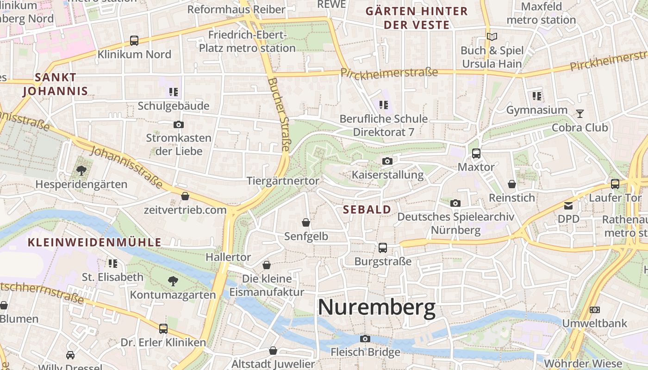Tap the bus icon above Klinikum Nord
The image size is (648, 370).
tap(134, 41)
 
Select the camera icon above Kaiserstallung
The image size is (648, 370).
tap(387, 161)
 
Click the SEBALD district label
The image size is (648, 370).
tap(367, 210)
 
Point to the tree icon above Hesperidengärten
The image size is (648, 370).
tap(81, 171)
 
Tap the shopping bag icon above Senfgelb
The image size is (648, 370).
tap(306, 222)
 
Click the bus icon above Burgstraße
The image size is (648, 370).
tap(383, 247)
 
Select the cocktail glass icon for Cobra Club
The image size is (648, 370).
tap(579, 113)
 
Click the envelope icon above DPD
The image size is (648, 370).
tap(568, 205)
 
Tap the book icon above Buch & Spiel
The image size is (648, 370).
tap(492, 37)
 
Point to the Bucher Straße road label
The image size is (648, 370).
tap(279, 114)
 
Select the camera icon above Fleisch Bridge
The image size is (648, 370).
tap(365, 339)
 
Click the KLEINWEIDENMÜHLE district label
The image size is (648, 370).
tap(94, 242)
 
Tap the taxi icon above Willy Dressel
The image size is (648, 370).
tap(70, 355)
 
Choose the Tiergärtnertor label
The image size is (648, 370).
tap(283, 180)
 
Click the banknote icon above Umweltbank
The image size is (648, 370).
tap(595, 309)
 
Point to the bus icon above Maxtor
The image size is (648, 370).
tap(476, 153)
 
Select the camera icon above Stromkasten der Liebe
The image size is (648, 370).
tap(178, 124)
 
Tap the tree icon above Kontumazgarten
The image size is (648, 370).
tap(173, 281)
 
